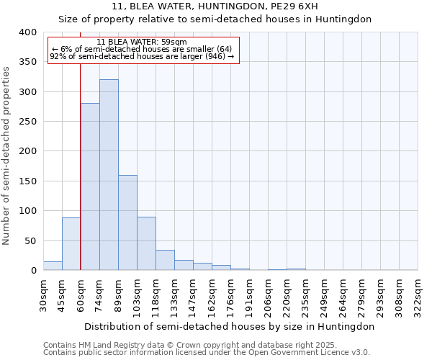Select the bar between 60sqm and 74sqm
pos(90,186)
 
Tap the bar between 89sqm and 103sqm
pos(127,222)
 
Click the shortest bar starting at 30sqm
pos(53,266)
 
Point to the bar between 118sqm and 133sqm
pos(165,260)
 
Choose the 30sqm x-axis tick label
pos(44,294)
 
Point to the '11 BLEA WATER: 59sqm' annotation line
pos(142,42)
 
